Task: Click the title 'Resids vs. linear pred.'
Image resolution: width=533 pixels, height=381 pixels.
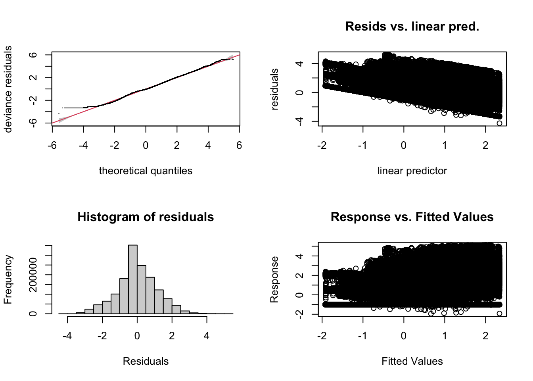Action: click(x=412, y=27)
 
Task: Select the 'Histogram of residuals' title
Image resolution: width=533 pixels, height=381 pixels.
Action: click(x=146, y=217)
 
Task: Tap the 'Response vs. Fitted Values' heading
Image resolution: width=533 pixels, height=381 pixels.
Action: click(x=412, y=217)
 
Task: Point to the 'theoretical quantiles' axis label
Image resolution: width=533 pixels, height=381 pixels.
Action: click(x=146, y=171)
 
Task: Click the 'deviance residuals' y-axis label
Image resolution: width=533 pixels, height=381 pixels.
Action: click(x=8, y=89)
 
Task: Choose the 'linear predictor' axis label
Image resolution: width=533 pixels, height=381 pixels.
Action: click(x=412, y=171)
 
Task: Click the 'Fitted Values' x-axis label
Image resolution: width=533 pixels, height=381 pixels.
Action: click(x=412, y=361)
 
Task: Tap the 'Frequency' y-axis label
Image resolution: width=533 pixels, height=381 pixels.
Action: click(x=8, y=279)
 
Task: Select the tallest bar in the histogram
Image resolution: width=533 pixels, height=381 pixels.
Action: click(x=133, y=278)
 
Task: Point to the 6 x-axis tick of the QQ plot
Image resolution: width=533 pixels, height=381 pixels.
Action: click(x=239, y=146)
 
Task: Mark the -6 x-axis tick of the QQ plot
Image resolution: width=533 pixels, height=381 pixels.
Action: click(x=52, y=146)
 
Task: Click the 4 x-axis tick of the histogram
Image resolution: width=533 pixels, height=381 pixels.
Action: click(x=207, y=336)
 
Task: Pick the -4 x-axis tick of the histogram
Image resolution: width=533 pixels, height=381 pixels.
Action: click(x=67, y=336)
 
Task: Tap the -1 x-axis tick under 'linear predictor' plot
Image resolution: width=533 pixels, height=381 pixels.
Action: click(x=362, y=146)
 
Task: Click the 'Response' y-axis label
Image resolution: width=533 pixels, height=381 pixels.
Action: click(x=274, y=279)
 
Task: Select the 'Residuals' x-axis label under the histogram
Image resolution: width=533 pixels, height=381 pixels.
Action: click(x=146, y=361)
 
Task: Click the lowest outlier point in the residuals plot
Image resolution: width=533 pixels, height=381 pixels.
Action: click(x=499, y=123)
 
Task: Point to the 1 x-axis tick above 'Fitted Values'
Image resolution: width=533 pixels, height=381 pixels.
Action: click(x=445, y=336)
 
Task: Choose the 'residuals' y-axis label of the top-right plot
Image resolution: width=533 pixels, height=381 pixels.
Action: click(x=274, y=89)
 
